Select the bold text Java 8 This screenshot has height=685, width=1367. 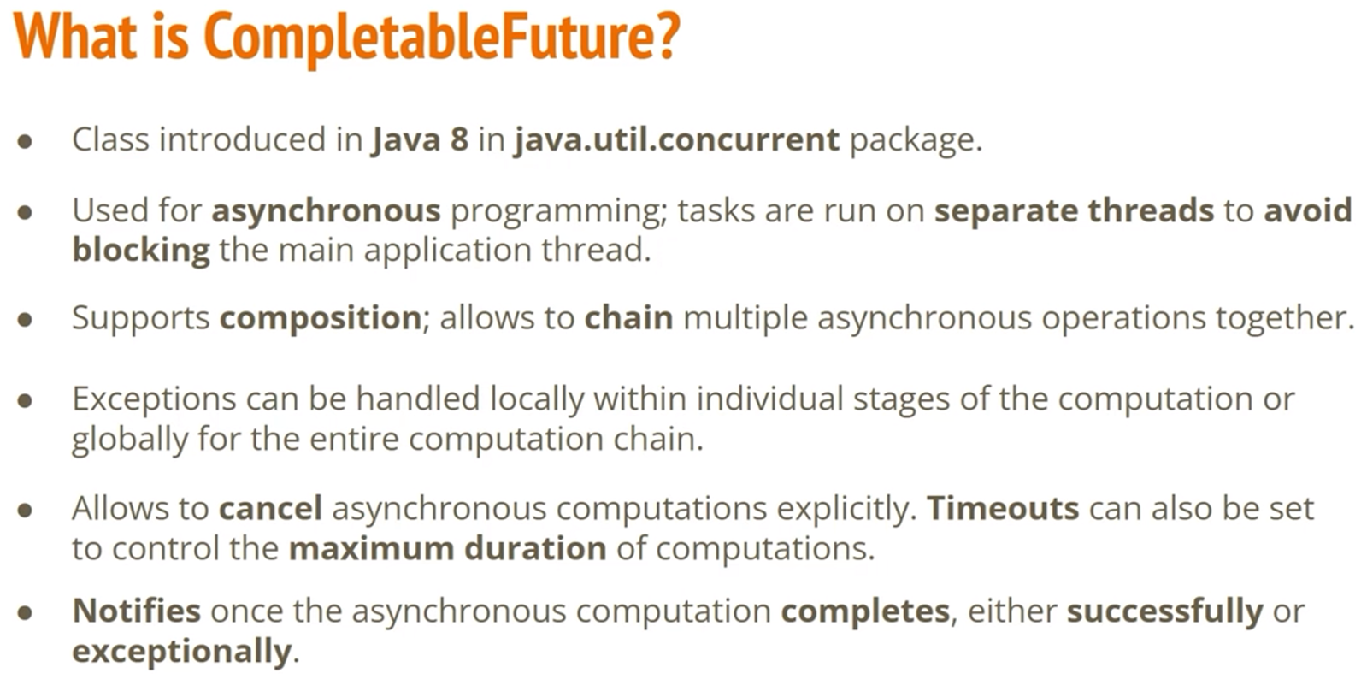click(420, 140)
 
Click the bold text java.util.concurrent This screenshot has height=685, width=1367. click(677, 139)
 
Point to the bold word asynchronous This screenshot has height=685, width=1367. click(326, 211)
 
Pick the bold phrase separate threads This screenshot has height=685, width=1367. click(1074, 210)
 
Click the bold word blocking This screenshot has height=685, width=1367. click(141, 251)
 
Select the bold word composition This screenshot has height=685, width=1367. click(321, 319)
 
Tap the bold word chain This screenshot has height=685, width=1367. click(628, 317)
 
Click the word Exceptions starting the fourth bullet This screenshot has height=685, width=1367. click(154, 400)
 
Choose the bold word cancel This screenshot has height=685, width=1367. click(270, 509)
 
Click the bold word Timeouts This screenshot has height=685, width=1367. click(1003, 509)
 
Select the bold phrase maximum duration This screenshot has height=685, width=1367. click(447, 548)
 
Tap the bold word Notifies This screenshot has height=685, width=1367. click(136, 611)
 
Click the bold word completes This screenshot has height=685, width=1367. click(865, 611)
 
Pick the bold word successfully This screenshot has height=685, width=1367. click(1165, 611)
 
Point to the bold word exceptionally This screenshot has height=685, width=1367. click(181, 652)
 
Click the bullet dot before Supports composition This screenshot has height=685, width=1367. click(25, 320)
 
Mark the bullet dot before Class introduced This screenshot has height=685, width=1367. click(25, 142)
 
